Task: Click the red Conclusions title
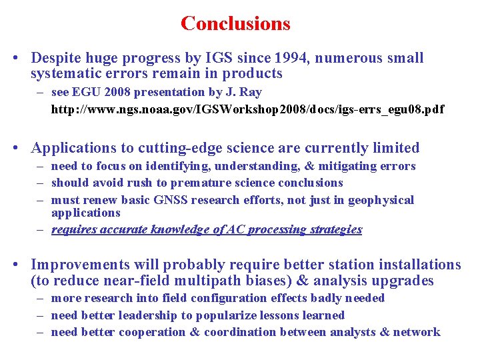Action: pos(235,23)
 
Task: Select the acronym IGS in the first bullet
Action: pos(219,58)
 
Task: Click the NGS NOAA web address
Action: pos(247,109)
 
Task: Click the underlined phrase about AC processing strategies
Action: pos(207,229)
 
